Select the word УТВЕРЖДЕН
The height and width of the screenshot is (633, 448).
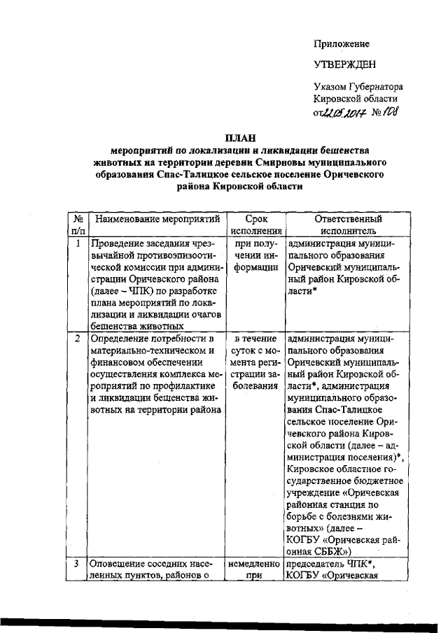point(344,65)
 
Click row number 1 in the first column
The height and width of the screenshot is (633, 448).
point(78,244)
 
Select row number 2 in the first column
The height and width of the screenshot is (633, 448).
point(78,339)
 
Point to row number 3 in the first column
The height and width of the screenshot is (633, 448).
point(78,564)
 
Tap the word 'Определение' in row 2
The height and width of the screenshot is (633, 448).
point(122,339)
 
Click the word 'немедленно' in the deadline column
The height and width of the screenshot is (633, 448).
point(253,564)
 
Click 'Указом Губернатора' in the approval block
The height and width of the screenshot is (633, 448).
point(358,87)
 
